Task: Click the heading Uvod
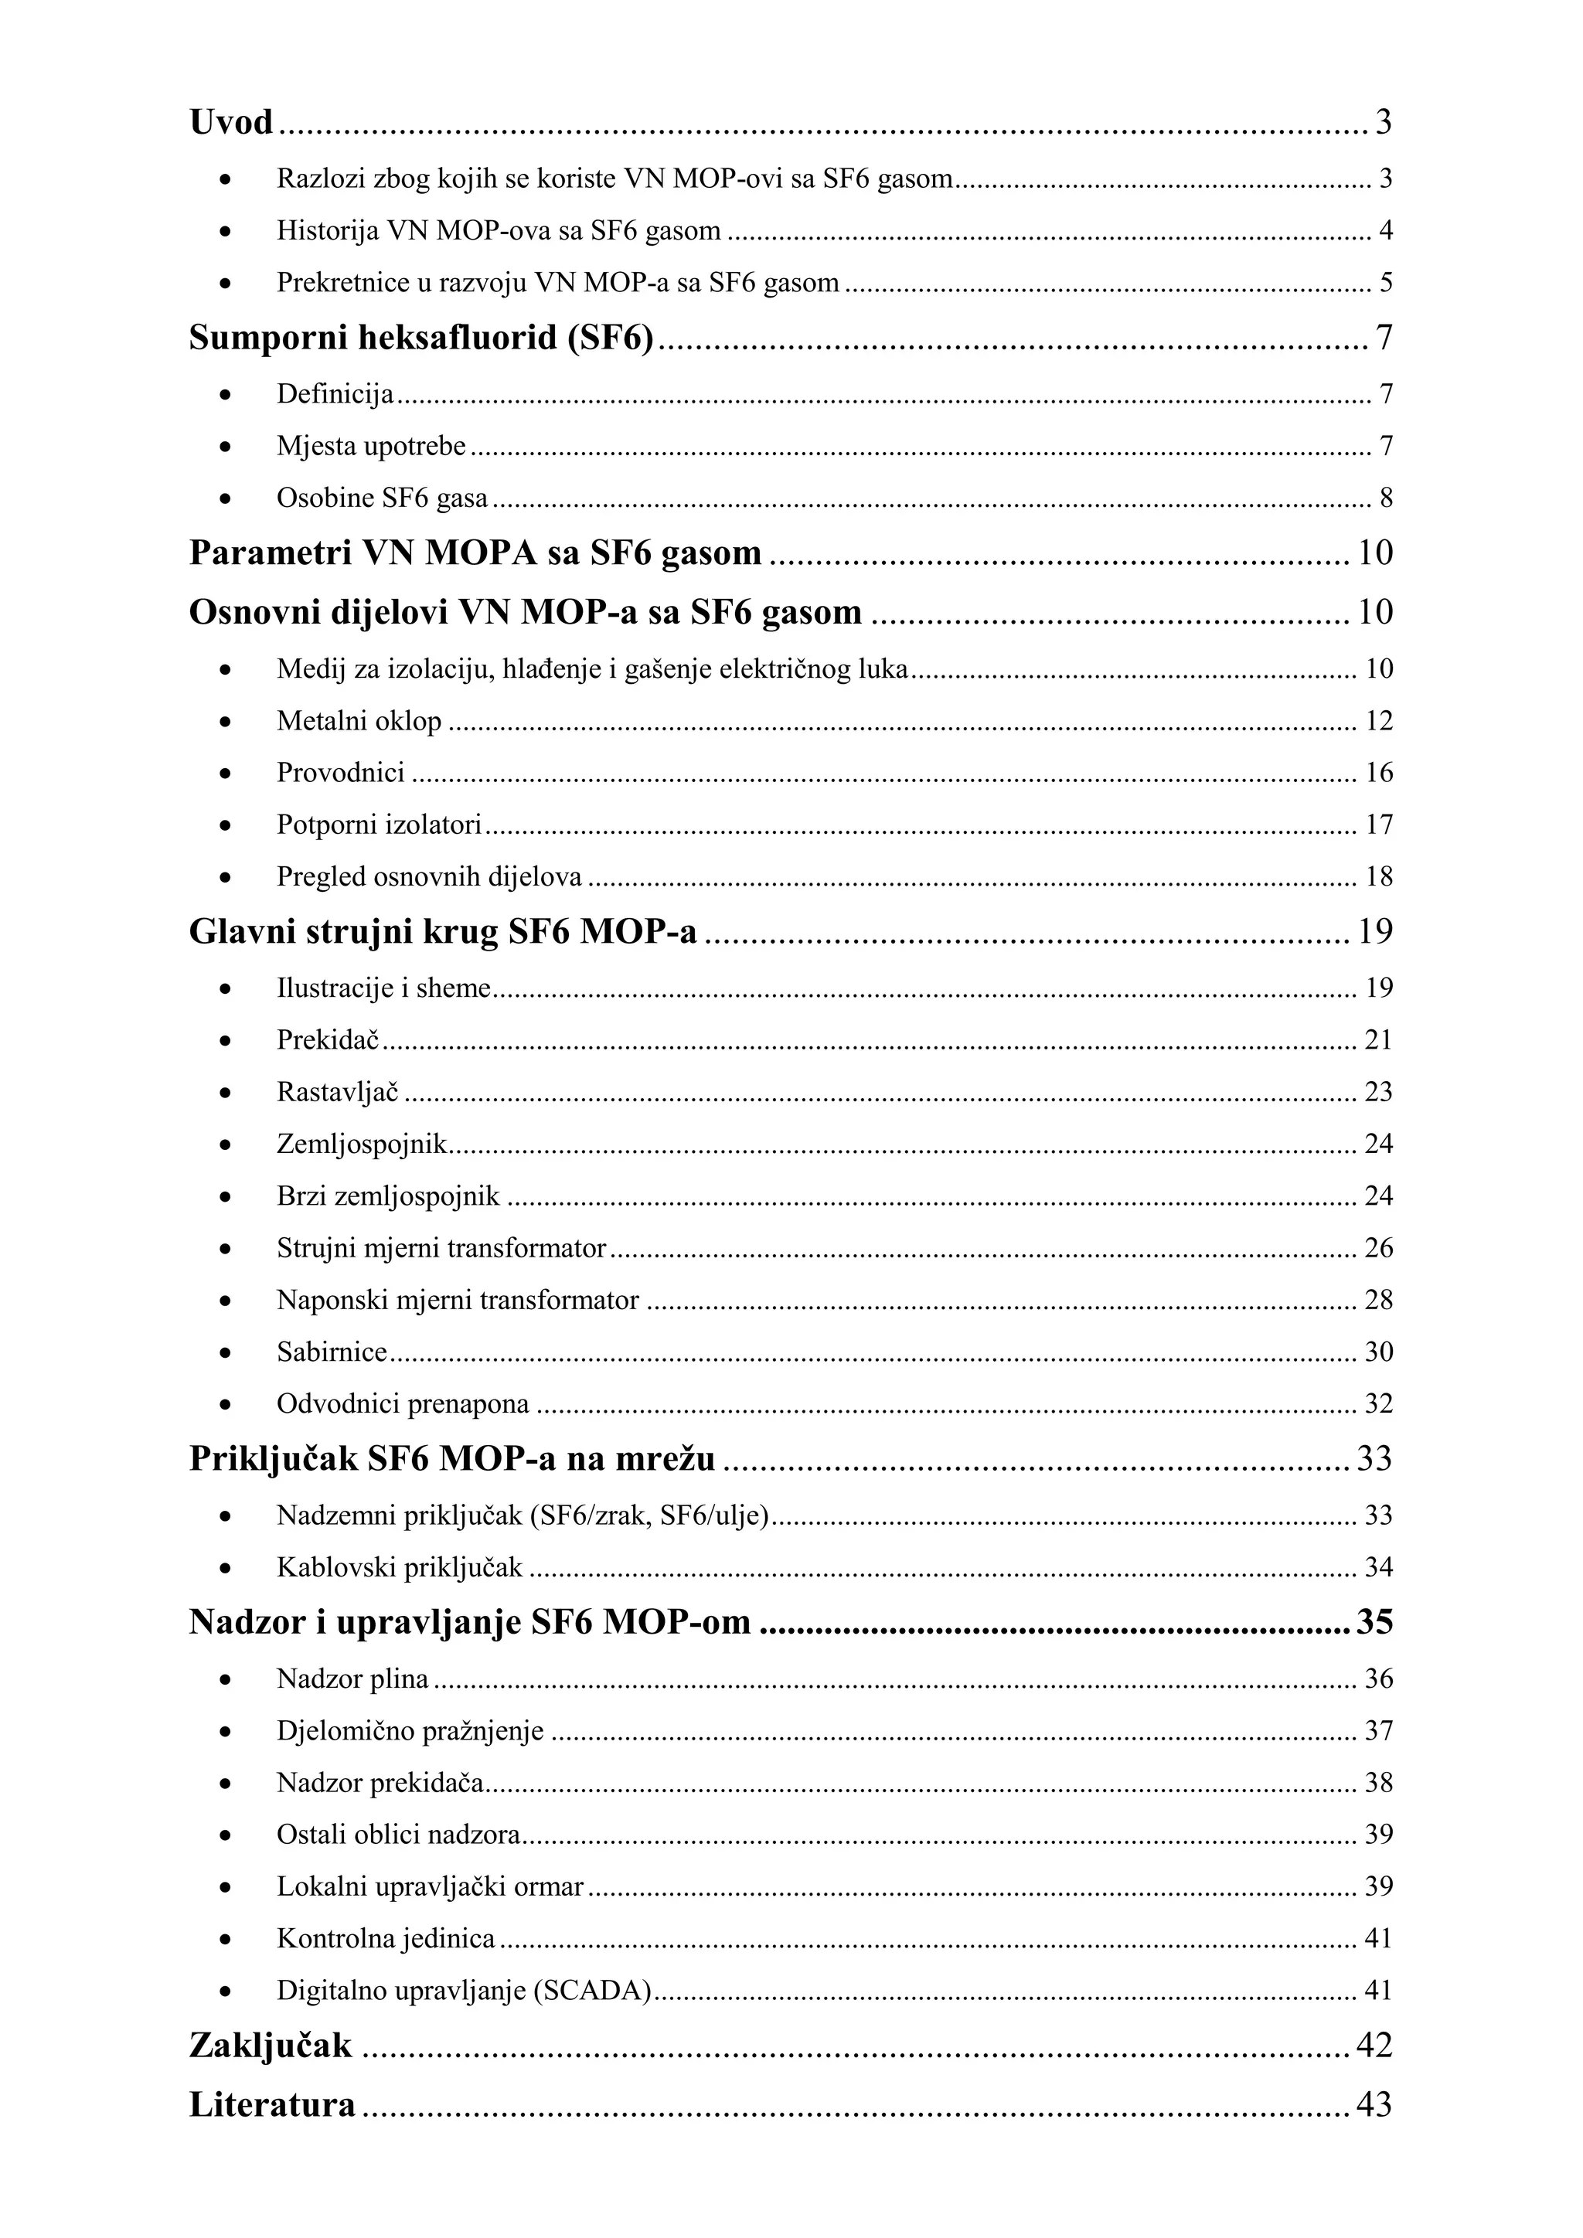pyautogui.click(x=231, y=123)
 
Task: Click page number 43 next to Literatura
pyautogui.click(x=1374, y=2104)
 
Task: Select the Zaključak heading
pyautogui.click(x=270, y=2044)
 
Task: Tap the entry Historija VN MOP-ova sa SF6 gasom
pyautogui.click(x=498, y=231)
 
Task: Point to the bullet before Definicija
pyautogui.click(x=225, y=395)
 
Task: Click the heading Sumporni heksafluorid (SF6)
pyautogui.click(x=420, y=338)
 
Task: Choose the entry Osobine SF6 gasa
pyautogui.click(x=382, y=498)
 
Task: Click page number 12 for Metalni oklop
pyautogui.click(x=1378, y=721)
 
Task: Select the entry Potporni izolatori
pyautogui.click(x=380, y=825)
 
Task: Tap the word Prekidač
pyautogui.click(x=328, y=1040)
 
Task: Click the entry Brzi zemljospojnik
pyautogui.click(x=388, y=1196)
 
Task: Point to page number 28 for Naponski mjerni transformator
pyautogui.click(x=1378, y=1301)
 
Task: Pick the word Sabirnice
pyautogui.click(x=332, y=1352)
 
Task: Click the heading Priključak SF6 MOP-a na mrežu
pyautogui.click(x=451, y=1459)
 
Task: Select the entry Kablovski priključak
pyautogui.click(x=400, y=1567)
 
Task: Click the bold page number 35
pyautogui.click(x=1374, y=1622)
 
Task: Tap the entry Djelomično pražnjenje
pyautogui.click(x=410, y=1731)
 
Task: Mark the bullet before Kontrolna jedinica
pyautogui.click(x=225, y=1939)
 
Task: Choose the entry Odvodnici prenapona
pyautogui.click(x=403, y=1405)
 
